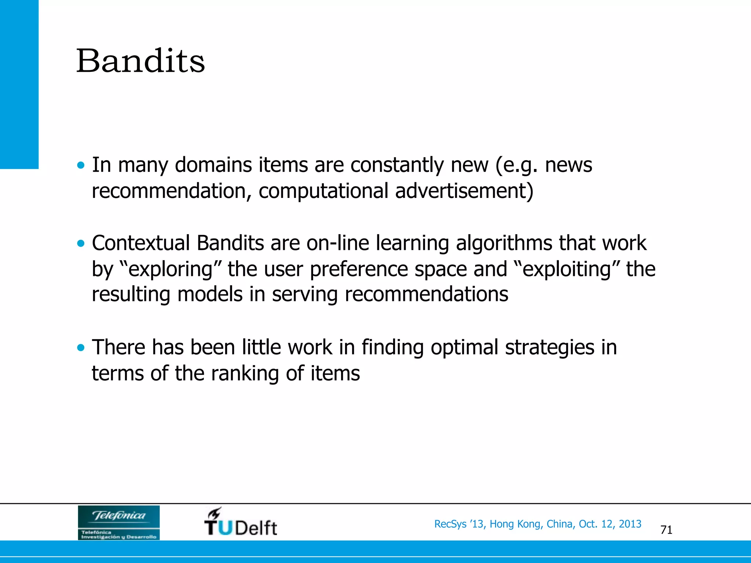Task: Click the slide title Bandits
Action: tap(140, 61)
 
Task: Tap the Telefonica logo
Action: tap(118, 522)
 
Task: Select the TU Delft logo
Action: tap(241, 522)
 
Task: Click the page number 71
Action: tap(666, 530)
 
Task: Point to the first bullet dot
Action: tap(81, 165)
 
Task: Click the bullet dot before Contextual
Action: tap(81, 243)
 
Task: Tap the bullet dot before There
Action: tap(81, 347)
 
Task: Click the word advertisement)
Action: tap(464, 191)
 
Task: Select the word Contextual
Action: tap(141, 243)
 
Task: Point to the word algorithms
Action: tap(503, 243)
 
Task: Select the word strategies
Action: tap(549, 347)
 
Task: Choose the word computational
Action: tap(323, 191)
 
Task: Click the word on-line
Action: tap(337, 243)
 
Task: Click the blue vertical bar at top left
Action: tap(19, 84)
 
